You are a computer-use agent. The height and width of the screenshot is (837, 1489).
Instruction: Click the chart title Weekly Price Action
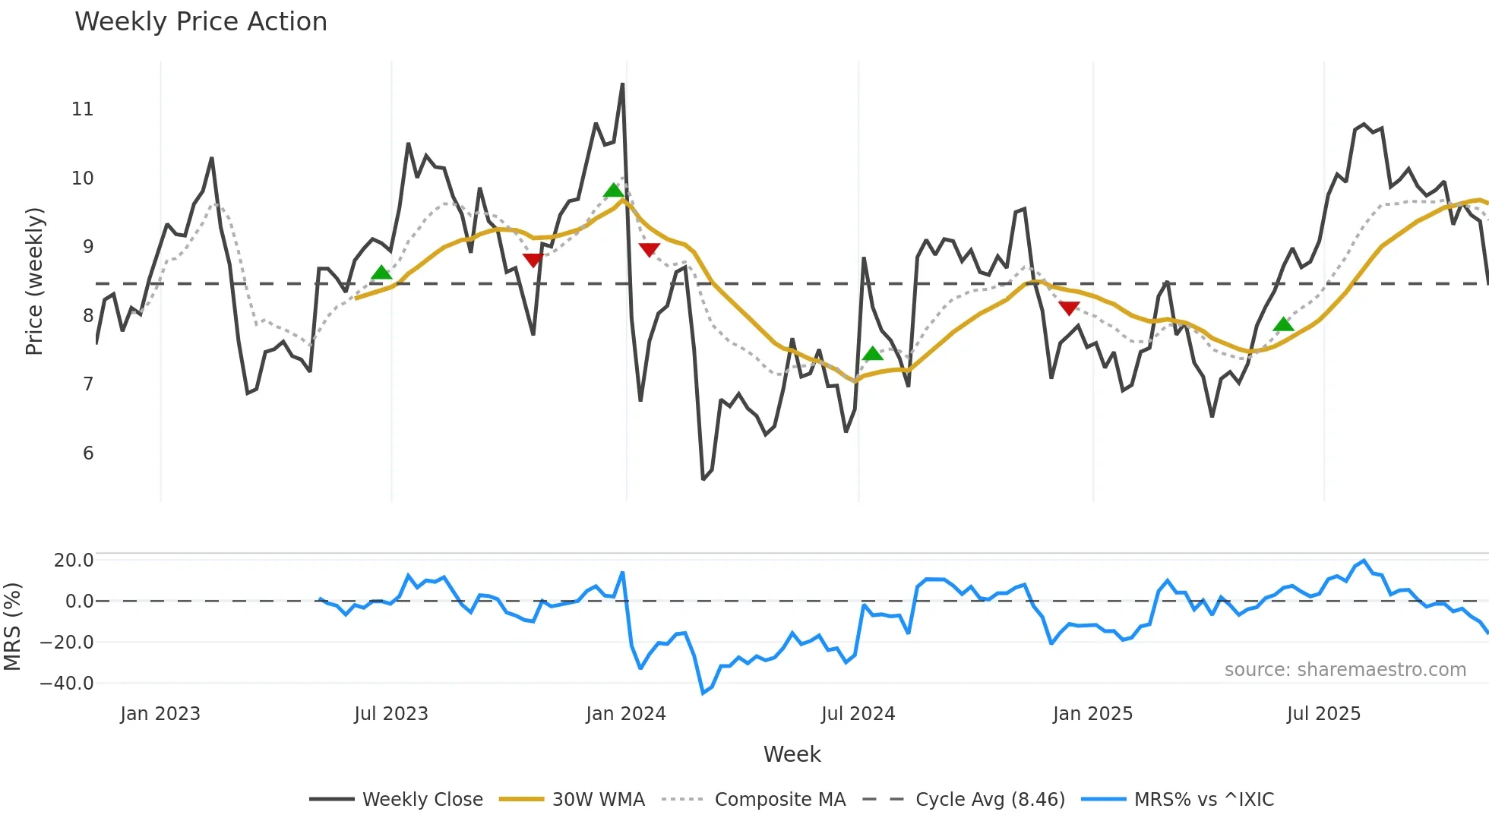pos(201,22)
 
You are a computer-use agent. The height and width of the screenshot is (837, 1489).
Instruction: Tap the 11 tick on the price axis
pos(82,109)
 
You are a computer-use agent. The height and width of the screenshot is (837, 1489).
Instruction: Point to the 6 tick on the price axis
pos(88,453)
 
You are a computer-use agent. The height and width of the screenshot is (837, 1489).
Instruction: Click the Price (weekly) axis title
pos(34,282)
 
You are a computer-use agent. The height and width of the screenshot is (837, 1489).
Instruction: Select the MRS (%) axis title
pos(12,627)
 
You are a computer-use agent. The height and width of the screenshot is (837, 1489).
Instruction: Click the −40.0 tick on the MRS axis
pos(67,684)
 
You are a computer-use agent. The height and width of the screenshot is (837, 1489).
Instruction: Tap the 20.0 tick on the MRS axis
pos(73,561)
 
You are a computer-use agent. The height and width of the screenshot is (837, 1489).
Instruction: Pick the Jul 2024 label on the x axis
pos(858,714)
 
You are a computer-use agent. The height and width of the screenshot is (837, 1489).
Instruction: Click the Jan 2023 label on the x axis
pos(160,714)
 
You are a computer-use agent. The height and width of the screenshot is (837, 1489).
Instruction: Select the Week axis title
pos(792,754)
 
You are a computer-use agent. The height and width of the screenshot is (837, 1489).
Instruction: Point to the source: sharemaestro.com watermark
pos(1345,670)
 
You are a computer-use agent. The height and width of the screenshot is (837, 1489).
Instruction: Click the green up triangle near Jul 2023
pos(381,273)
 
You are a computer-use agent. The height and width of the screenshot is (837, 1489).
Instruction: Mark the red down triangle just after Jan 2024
pos(649,249)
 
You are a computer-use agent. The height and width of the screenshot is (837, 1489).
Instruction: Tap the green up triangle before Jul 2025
pos(1283,325)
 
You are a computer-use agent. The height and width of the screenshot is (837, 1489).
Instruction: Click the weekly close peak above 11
pos(622,84)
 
